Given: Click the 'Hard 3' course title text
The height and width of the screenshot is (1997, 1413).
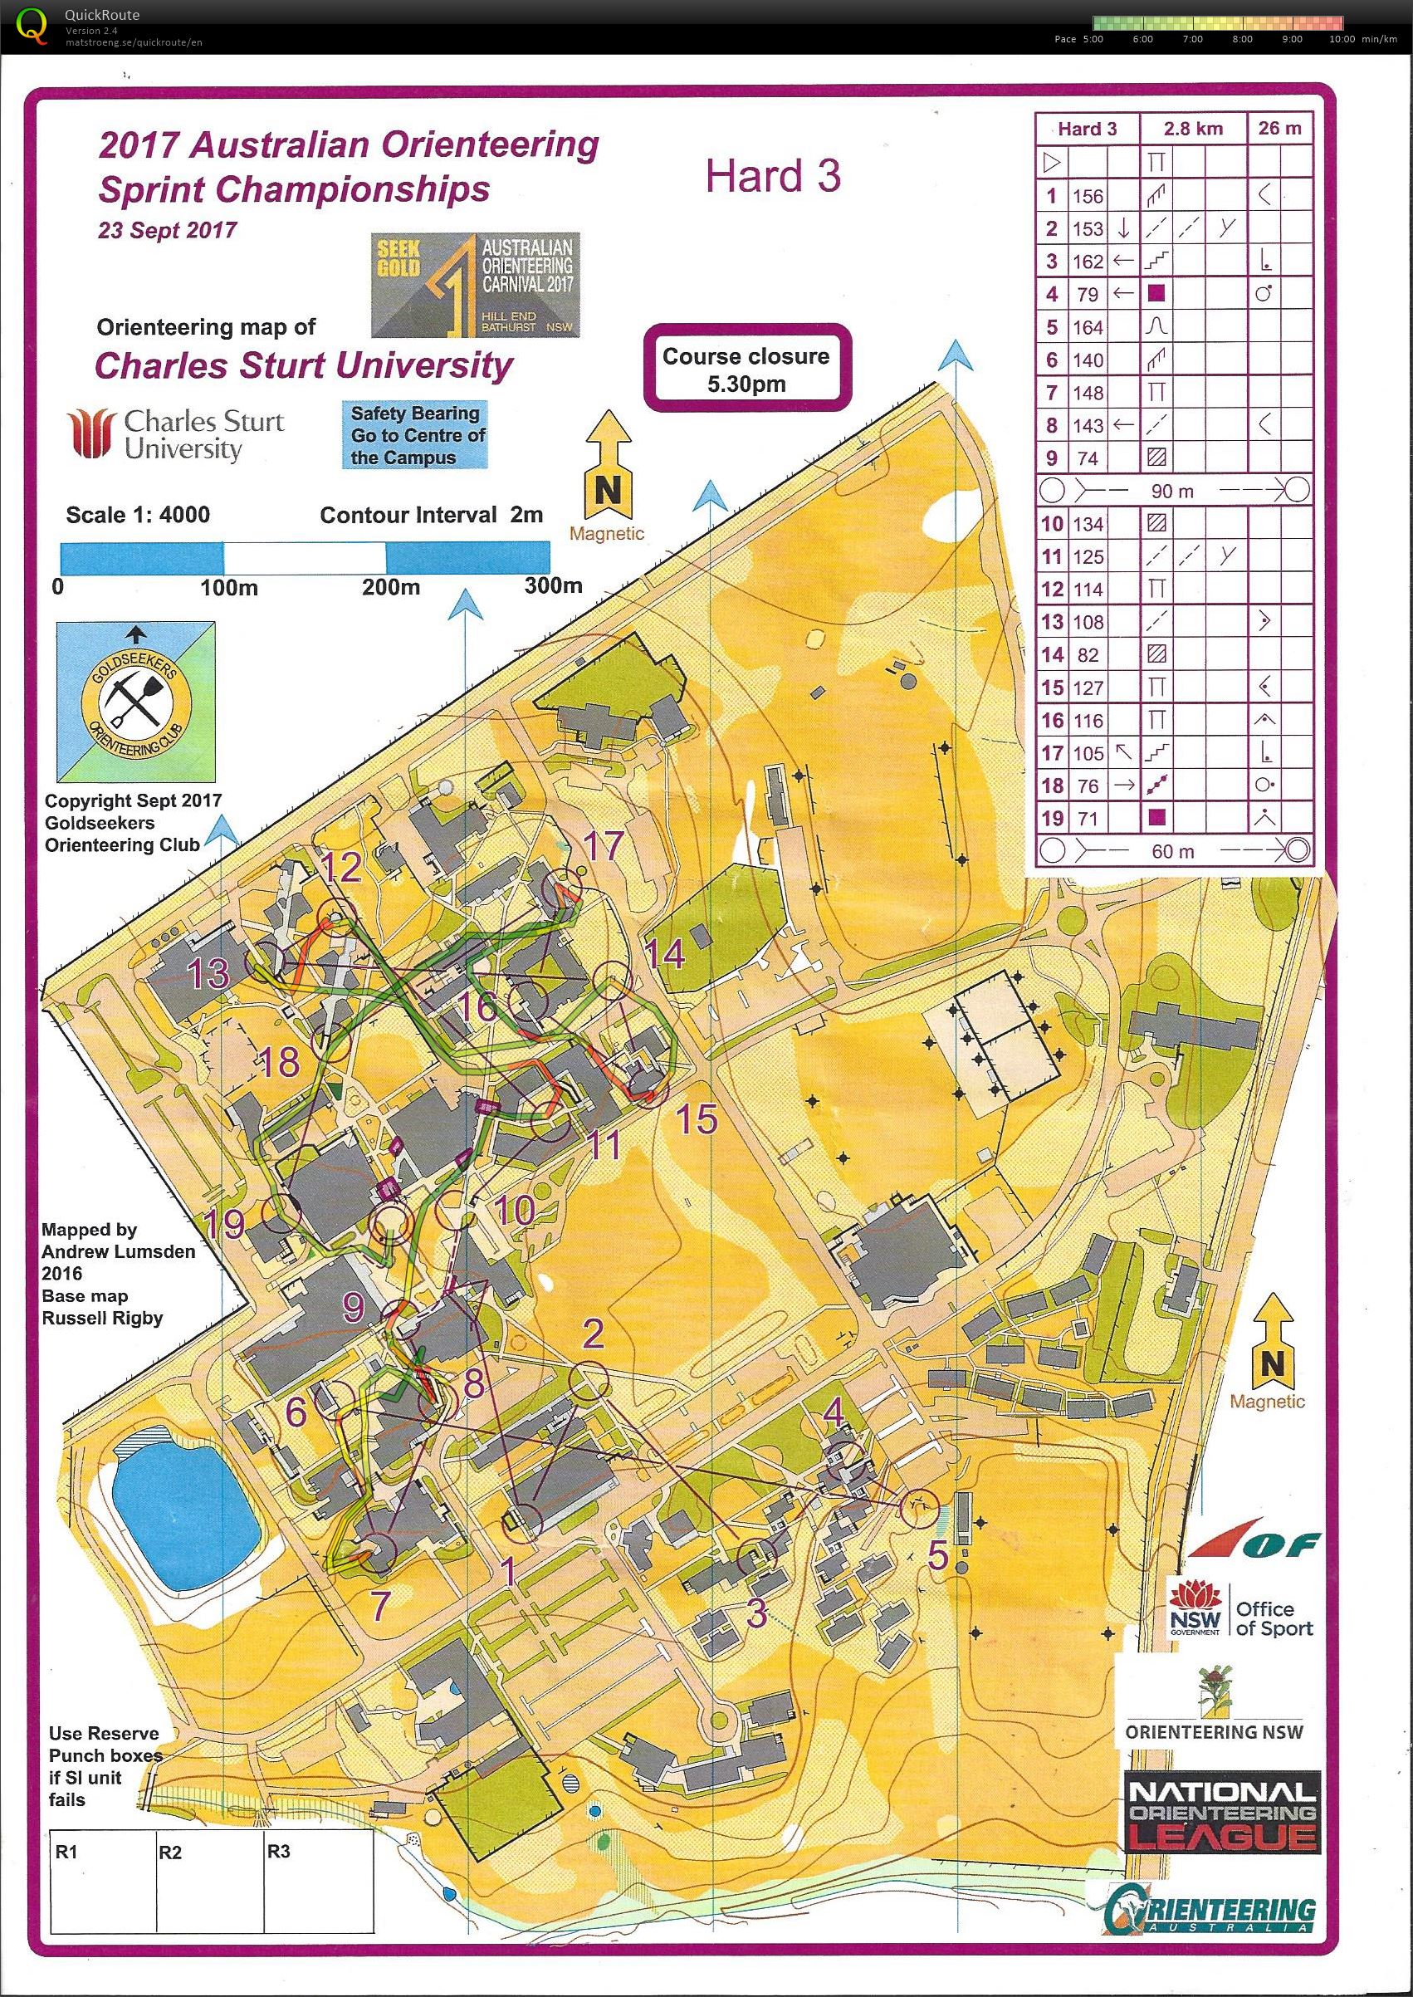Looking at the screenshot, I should [x=773, y=177].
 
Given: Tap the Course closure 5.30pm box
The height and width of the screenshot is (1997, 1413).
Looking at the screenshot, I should [x=746, y=369].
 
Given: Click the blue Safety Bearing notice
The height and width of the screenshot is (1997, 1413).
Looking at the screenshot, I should [x=416, y=435].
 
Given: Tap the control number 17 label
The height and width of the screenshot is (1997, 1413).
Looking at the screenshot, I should [x=604, y=845].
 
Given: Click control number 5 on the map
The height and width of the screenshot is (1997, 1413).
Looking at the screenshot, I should [x=937, y=1554].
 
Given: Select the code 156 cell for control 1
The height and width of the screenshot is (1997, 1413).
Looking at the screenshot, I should [x=1088, y=196].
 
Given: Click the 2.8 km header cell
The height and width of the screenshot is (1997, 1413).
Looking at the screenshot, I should [x=1193, y=129].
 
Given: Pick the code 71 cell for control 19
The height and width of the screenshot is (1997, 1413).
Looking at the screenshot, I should [x=1088, y=818].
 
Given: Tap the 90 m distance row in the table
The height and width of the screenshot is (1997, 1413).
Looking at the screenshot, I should [x=1173, y=491].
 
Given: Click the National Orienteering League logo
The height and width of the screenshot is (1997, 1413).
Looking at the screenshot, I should [x=1221, y=1813].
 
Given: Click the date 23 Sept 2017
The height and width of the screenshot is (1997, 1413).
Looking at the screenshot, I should [x=167, y=231].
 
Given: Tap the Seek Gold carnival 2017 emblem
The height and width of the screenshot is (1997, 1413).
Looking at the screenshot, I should [x=475, y=285].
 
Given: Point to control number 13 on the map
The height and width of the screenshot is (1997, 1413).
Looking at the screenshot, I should [x=209, y=973].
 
